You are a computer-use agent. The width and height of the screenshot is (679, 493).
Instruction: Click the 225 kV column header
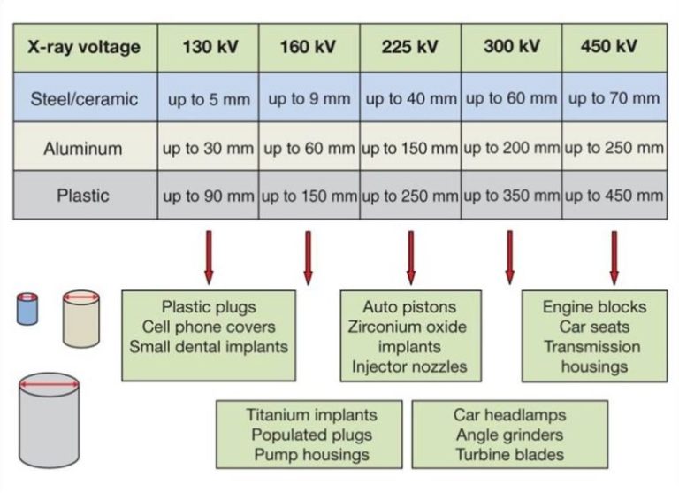(409, 47)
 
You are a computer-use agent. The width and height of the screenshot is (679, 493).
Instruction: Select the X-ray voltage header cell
(85, 47)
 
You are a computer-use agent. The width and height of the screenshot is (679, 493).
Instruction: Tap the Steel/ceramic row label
(85, 99)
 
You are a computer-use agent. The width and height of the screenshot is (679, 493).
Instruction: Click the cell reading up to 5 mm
(209, 99)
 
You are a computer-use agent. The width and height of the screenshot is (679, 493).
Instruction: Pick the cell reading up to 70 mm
(614, 98)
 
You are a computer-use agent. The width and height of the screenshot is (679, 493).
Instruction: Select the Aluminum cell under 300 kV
(511, 148)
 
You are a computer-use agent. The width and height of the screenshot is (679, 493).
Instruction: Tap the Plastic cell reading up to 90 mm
(209, 196)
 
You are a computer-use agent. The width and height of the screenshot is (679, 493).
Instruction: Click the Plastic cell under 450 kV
(614, 196)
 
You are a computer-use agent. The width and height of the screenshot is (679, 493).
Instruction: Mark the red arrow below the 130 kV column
(209, 258)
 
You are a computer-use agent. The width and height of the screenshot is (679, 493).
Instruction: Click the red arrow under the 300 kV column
(509, 258)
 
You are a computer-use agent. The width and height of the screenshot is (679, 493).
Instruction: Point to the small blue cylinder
(27, 309)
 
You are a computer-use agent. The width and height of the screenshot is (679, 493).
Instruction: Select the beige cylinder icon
(81, 319)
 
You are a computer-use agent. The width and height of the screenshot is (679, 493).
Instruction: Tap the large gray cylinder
(49, 420)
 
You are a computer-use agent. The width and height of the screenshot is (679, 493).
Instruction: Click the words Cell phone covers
(209, 327)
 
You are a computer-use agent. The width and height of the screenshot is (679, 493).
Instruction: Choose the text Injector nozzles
(409, 366)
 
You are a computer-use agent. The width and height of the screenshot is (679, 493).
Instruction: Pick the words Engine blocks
(594, 307)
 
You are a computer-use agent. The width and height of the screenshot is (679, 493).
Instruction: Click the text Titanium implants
(312, 415)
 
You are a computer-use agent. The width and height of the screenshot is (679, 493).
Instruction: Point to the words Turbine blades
(509, 454)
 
